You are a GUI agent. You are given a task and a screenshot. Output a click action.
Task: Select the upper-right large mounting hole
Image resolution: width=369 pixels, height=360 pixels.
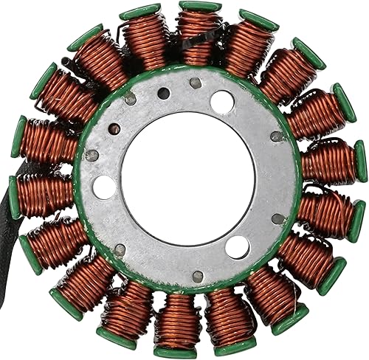tap(222, 102)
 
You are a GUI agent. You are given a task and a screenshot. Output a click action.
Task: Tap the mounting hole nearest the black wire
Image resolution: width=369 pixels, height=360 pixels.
tap(105, 186)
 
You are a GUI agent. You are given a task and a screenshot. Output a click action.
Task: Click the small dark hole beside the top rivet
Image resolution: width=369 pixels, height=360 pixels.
tap(164, 94)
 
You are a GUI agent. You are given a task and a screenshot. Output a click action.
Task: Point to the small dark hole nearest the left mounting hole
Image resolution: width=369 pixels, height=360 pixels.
tap(114, 129)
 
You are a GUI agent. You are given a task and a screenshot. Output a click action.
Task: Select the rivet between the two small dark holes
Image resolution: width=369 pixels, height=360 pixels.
tap(130, 98)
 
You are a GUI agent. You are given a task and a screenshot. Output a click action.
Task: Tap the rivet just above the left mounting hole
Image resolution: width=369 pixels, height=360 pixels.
tap(92, 156)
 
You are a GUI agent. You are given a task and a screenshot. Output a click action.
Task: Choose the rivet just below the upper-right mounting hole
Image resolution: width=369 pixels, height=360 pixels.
tap(277, 136)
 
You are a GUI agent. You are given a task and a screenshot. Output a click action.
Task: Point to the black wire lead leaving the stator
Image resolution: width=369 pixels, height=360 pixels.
tap(6, 221)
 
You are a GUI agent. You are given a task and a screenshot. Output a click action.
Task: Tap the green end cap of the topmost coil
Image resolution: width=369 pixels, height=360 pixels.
tap(199, 7)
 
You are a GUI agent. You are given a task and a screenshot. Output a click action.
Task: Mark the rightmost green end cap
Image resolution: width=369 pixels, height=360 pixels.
tap(361, 161)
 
